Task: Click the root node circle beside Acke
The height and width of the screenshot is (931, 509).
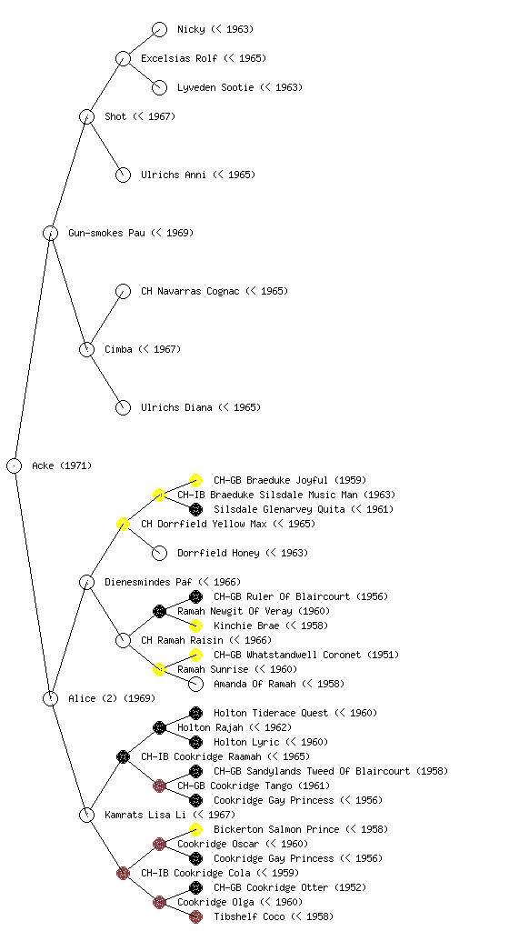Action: [x=15, y=465]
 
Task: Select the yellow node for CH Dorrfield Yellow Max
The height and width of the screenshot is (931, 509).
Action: [x=123, y=524]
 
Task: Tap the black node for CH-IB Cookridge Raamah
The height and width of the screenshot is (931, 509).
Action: [x=123, y=756]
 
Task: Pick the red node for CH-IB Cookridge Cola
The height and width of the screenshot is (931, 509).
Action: [x=123, y=873]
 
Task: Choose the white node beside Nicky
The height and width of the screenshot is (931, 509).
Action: [x=159, y=29]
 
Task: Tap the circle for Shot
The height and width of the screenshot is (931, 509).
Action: [x=86, y=116]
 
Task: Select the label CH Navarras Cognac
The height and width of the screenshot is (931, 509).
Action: [x=190, y=291]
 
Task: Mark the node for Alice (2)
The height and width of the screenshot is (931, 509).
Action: [x=50, y=698]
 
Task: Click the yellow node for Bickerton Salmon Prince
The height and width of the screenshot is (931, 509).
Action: [x=195, y=829]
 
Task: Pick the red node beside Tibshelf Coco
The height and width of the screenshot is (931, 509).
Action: [x=195, y=916]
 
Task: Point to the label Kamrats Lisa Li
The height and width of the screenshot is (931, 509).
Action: [x=145, y=815]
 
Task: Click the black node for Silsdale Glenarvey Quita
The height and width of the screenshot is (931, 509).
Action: [x=195, y=509]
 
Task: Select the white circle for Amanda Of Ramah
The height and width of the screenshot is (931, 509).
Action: [x=195, y=684]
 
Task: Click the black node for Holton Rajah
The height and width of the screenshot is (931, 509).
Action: [x=159, y=727]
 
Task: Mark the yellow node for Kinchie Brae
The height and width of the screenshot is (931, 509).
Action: [x=195, y=626]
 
